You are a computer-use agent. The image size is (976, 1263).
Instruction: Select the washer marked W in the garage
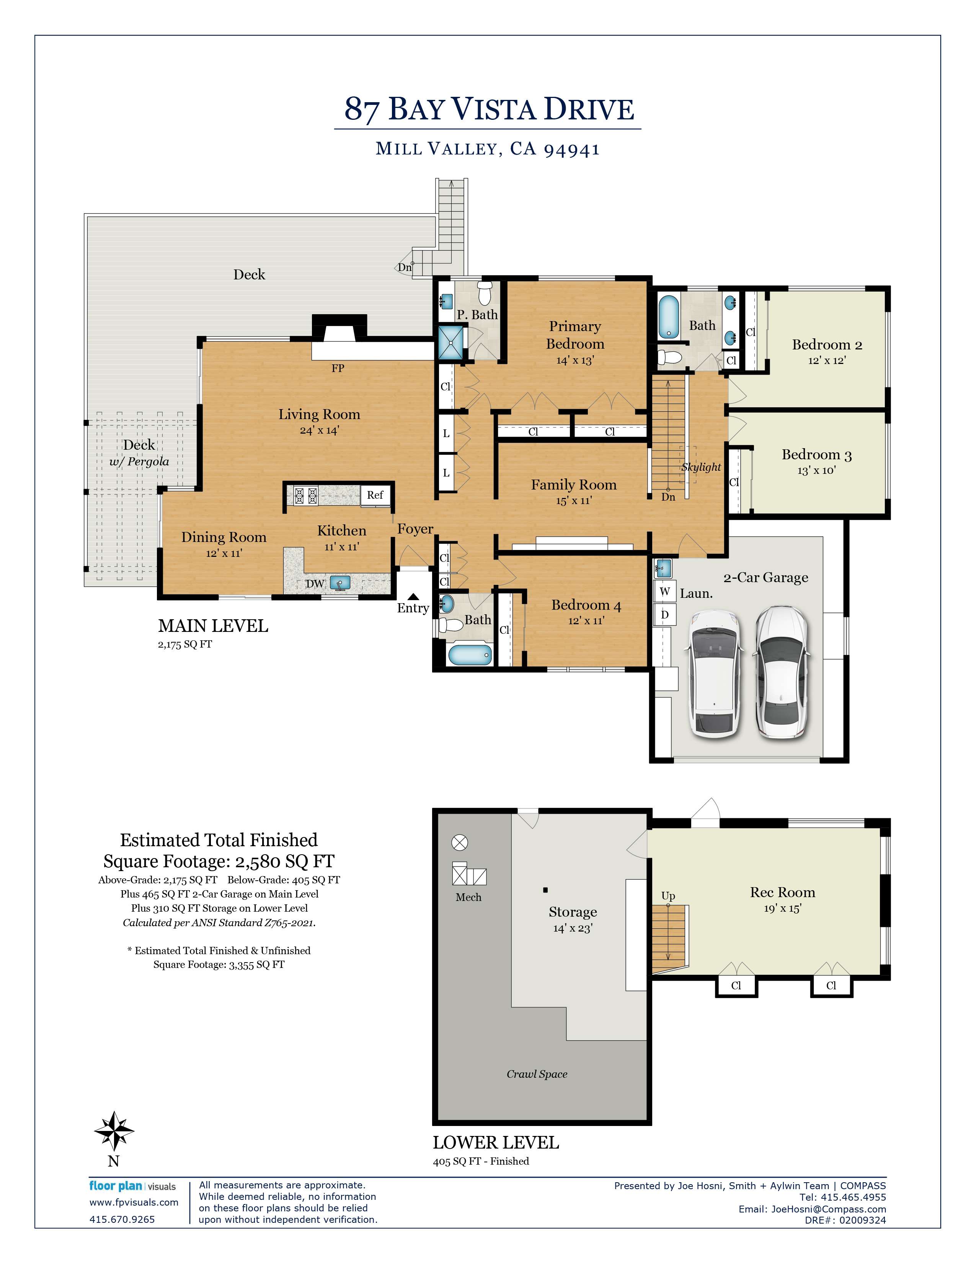(x=665, y=591)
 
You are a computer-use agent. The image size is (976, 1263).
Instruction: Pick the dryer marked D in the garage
(x=665, y=614)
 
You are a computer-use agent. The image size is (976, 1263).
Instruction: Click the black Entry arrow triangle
(x=413, y=597)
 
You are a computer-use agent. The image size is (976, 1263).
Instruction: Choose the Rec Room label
(x=782, y=892)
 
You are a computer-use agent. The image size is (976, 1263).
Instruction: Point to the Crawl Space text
(x=537, y=1074)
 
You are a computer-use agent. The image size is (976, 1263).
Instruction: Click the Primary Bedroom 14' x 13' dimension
(x=575, y=360)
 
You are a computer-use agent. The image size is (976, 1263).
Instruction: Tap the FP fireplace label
(x=338, y=368)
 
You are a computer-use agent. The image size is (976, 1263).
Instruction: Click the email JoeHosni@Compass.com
(x=828, y=1209)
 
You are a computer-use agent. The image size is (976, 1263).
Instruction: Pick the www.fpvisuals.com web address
(x=134, y=1202)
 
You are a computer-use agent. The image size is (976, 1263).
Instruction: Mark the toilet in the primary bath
(x=485, y=293)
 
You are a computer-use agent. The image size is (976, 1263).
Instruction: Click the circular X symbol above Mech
(x=460, y=843)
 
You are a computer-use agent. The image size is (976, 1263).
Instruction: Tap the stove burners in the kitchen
(x=306, y=496)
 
